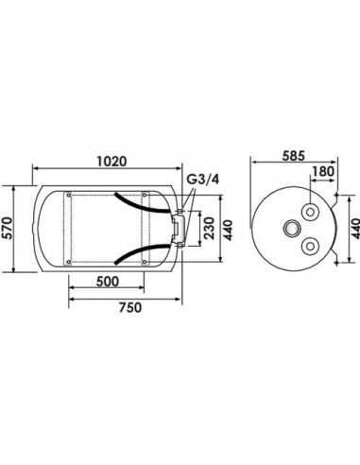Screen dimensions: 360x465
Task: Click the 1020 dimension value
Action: coord(111,161)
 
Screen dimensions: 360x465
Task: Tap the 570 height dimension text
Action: coord(7,228)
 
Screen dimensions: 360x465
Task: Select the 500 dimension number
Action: coord(108,281)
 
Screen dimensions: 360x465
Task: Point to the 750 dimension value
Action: coord(130,307)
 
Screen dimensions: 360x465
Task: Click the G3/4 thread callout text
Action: coord(203,180)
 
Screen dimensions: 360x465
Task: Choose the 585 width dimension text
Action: coord(294,156)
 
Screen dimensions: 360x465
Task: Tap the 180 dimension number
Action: coord(322,172)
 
